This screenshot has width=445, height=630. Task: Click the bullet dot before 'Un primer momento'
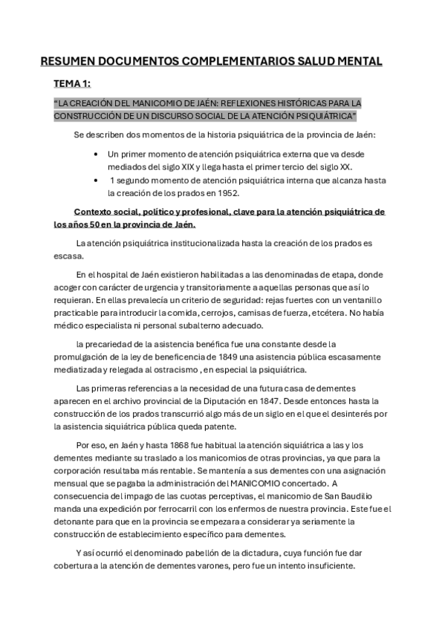point(97,154)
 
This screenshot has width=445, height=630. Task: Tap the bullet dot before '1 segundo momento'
point(97,181)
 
